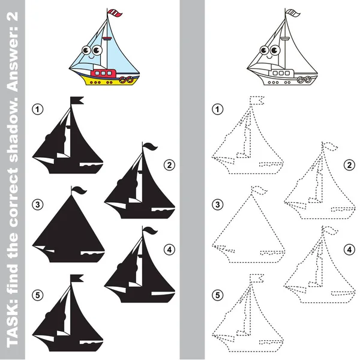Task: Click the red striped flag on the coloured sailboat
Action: click(x=115, y=13)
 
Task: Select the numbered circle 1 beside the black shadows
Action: click(x=38, y=109)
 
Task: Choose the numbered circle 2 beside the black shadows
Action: click(x=169, y=165)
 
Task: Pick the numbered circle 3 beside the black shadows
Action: click(x=38, y=205)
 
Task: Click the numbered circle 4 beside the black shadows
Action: click(x=169, y=250)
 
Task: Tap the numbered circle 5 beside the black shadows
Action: click(x=38, y=295)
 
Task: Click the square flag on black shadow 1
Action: click(x=77, y=101)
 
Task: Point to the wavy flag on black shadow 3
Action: click(x=79, y=190)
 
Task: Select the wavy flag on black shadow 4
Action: click(x=150, y=230)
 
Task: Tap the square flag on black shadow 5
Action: click(x=77, y=278)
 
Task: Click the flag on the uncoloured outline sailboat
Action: click(x=293, y=13)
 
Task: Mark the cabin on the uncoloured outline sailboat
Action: click(x=281, y=73)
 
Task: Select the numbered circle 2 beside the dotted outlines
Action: click(x=349, y=165)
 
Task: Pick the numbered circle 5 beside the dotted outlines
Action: click(x=218, y=295)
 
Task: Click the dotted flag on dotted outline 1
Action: click(x=257, y=101)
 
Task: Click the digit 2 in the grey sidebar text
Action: click(x=13, y=17)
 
